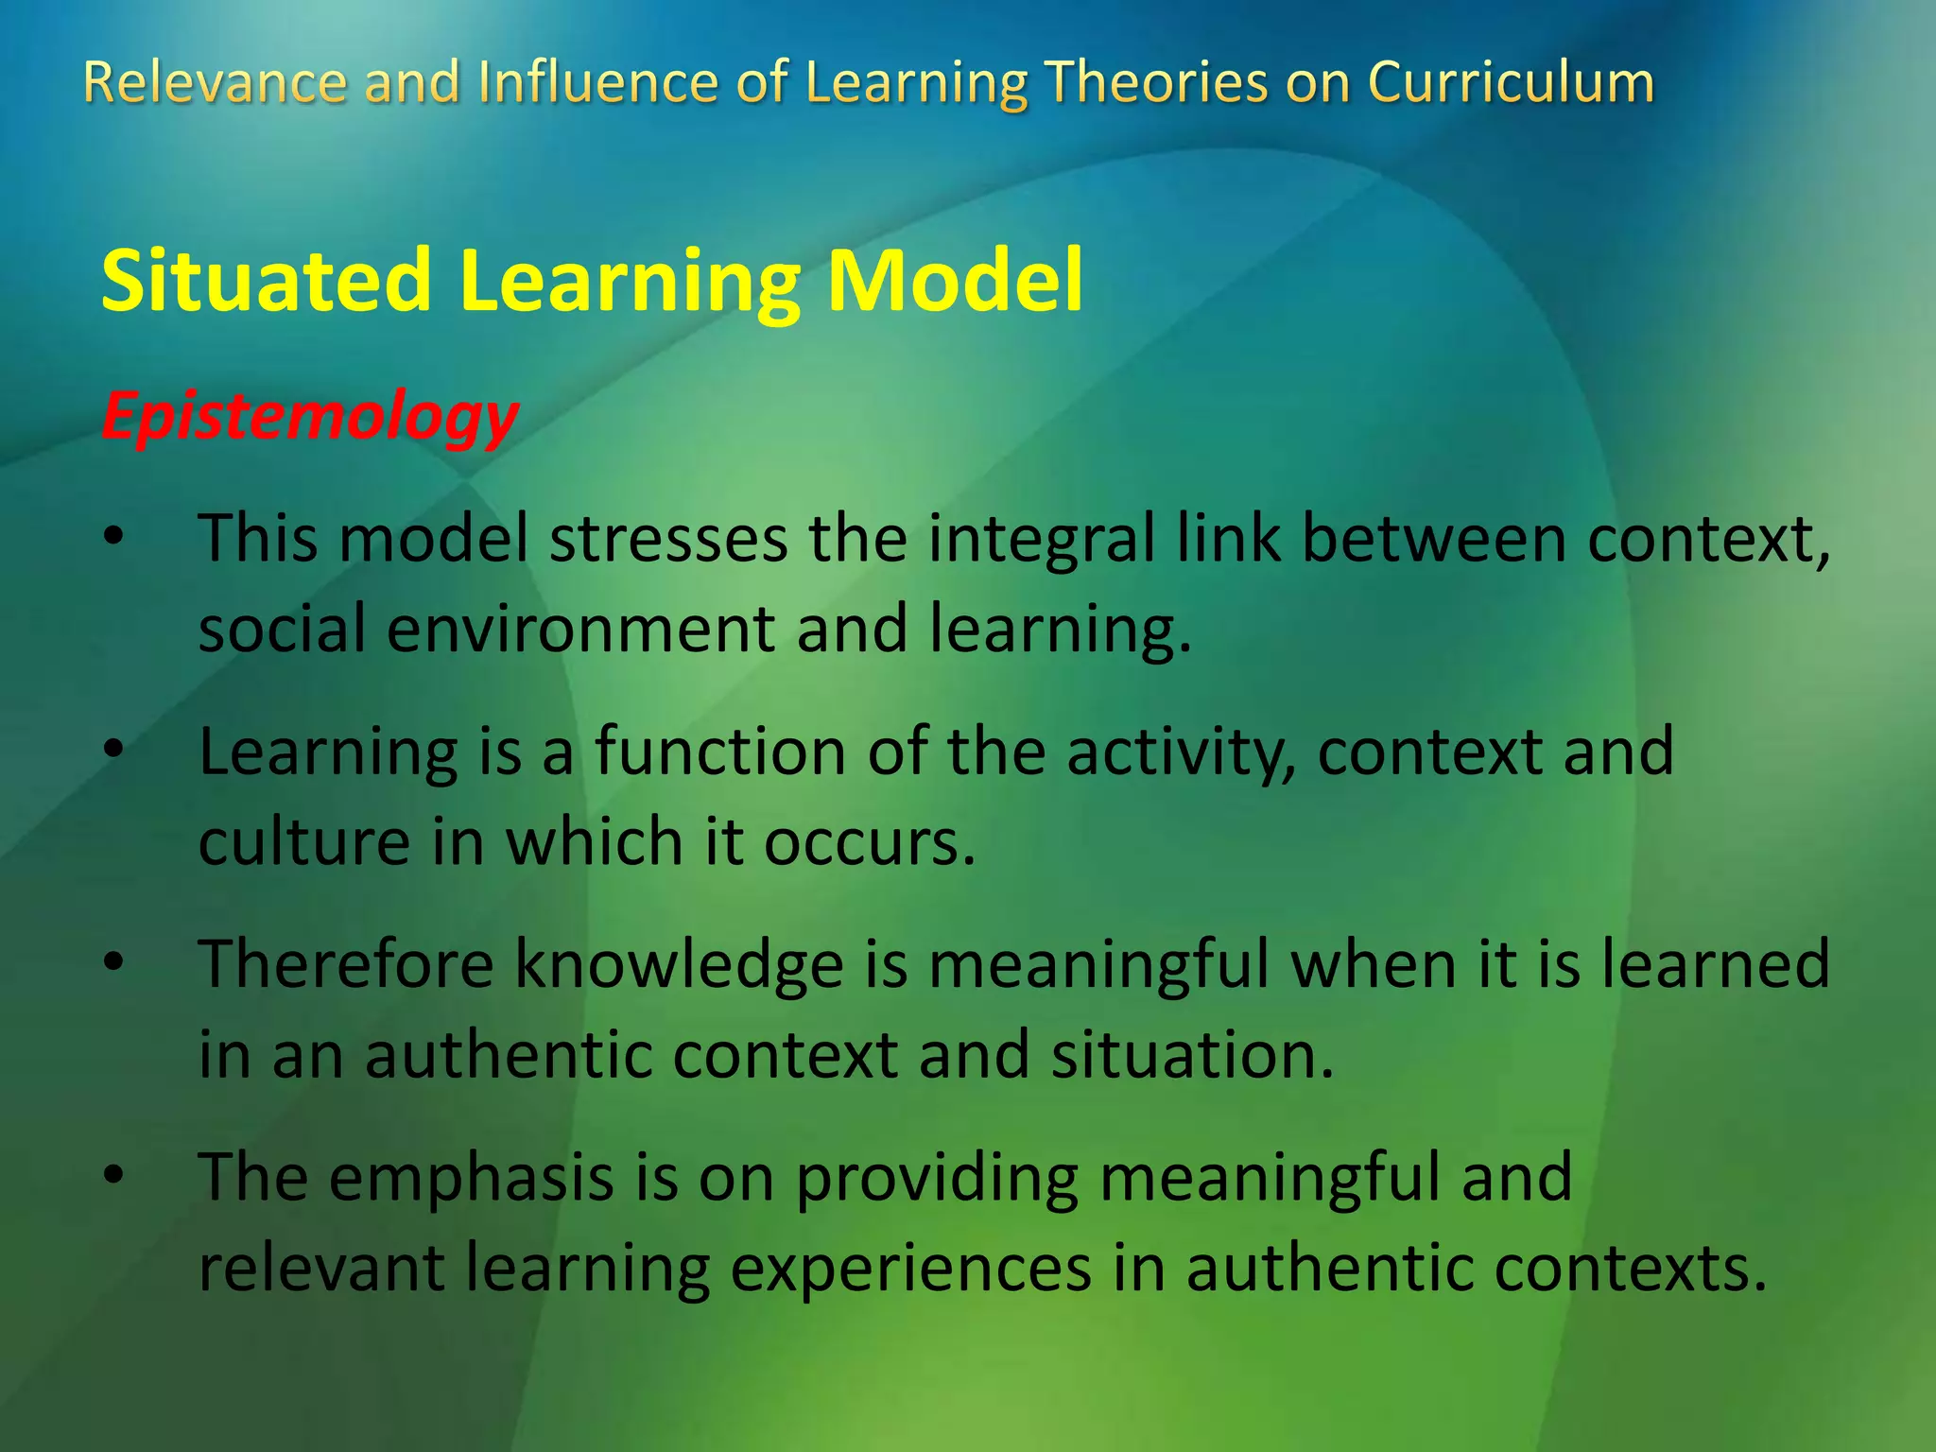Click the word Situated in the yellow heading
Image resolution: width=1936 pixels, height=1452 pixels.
[266, 281]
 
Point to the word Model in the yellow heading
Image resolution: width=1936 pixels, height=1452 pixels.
[955, 281]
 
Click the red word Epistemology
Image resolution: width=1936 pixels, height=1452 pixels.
[310, 417]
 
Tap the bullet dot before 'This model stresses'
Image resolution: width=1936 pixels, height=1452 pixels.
[114, 537]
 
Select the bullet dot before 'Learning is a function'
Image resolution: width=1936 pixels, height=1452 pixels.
[114, 751]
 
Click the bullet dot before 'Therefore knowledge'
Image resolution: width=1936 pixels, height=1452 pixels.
[114, 963]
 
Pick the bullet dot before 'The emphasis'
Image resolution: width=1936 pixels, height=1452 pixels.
[114, 1176]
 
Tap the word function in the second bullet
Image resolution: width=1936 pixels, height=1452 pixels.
[719, 752]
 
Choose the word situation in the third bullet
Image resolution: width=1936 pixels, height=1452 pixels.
[1191, 1055]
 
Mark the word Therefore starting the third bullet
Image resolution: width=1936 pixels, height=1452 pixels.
[346, 965]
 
